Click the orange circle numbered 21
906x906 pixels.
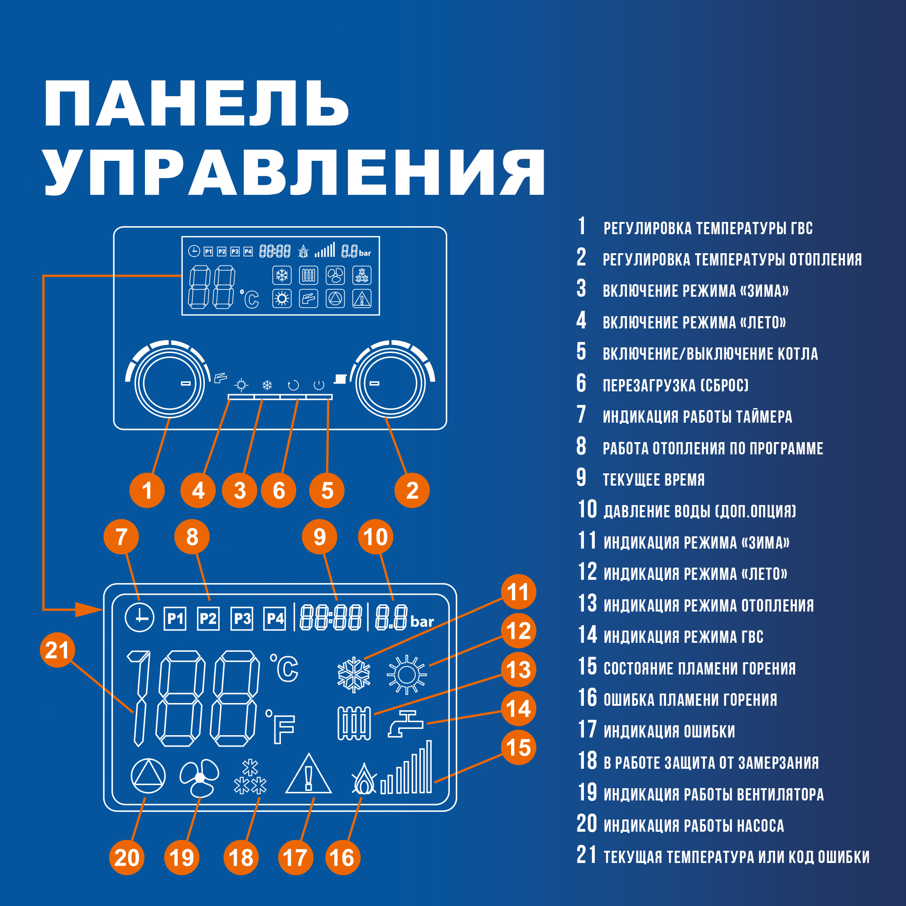click(57, 650)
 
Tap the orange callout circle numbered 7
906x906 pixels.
click(121, 536)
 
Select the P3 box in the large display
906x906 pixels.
click(242, 618)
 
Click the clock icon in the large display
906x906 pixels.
click(139, 617)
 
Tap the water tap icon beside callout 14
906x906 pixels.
click(405, 724)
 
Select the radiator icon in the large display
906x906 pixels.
click(354, 723)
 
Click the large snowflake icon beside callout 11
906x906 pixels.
click(354, 675)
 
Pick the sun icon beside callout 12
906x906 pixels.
click(407, 675)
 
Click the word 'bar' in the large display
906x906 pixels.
click(422, 622)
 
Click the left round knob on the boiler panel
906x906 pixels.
click(169, 383)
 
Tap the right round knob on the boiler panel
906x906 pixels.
click(390, 383)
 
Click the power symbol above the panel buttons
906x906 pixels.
click(319, 386)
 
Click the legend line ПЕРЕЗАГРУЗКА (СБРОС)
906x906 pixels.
click(675, 386)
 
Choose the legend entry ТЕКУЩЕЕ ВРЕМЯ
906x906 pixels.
click(653, 480)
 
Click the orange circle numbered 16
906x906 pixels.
click(342, 858)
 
